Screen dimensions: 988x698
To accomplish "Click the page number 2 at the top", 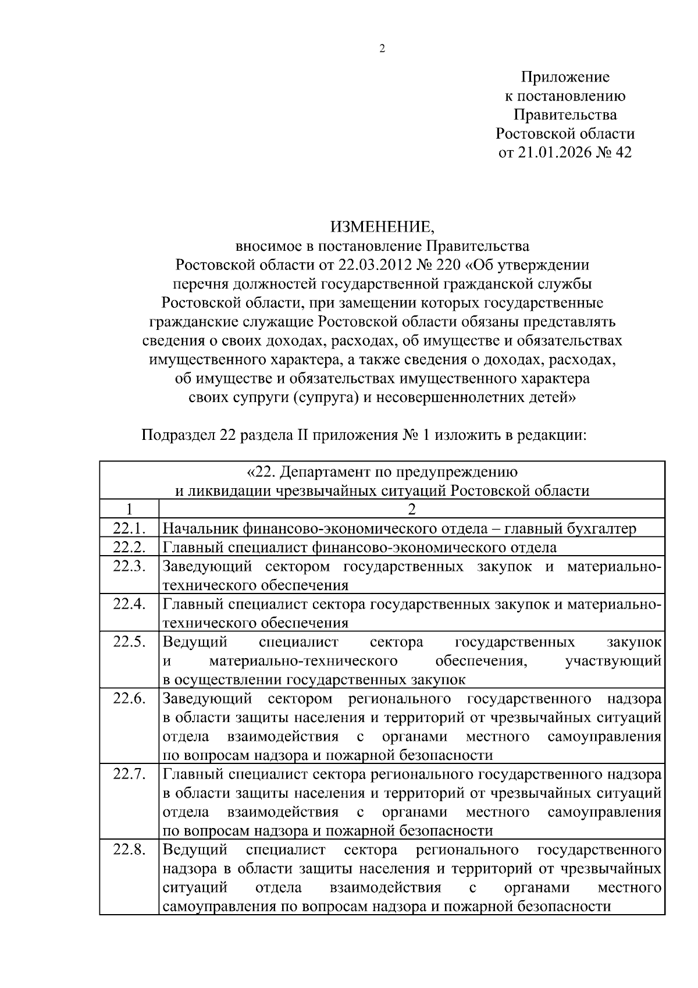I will coord(382,49).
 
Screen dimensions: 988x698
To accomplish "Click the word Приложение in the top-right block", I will coord(565,77).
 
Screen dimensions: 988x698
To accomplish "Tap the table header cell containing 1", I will coord(129,509).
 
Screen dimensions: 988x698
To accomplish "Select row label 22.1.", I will coord(129,528).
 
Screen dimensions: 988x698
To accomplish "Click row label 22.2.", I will coord(129,547).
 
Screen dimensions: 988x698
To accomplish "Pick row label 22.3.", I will coord(129,566).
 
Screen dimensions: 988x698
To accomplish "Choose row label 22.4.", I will coord(129,604).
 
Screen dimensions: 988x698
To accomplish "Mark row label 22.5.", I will coord(129,642).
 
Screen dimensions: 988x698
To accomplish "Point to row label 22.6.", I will coord(129,698).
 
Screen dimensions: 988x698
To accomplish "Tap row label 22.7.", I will coord(129,774).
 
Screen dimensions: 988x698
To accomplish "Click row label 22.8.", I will coord(129,850).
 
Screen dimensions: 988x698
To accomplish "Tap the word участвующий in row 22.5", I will coord(613,661).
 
